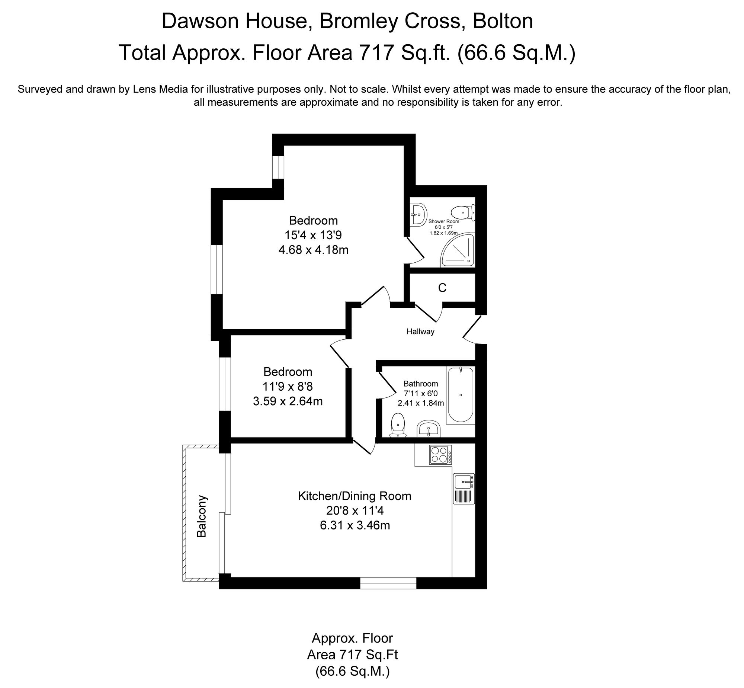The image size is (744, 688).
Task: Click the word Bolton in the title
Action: (x=503, y=21)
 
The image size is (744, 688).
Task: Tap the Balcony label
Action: (x=201, y=516)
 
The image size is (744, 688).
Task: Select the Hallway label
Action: (x=420, y=331)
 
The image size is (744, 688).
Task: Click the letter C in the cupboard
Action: (x=442, y=288)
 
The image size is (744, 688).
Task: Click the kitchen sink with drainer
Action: (x=464, y=489)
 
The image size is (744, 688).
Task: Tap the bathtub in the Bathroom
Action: (x=461, y=395)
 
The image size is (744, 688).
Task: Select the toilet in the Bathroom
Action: (x=398, y=425)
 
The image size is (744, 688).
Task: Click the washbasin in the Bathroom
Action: (x=429, y=429)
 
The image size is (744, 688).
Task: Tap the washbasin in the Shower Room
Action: (x=418, y=214)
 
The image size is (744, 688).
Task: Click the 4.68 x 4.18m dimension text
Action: (x=313, y=249)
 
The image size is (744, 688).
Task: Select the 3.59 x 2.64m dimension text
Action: (x=288, y=401)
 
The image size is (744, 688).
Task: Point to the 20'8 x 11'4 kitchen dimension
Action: (x=354, y=511)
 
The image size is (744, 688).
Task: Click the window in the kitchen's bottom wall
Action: (x=388, y=583)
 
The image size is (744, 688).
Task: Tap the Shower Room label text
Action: (x=444, y=221)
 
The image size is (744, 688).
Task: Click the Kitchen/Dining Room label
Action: (x=354, y=496)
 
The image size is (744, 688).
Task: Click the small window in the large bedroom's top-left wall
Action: (x=278, y=167)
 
